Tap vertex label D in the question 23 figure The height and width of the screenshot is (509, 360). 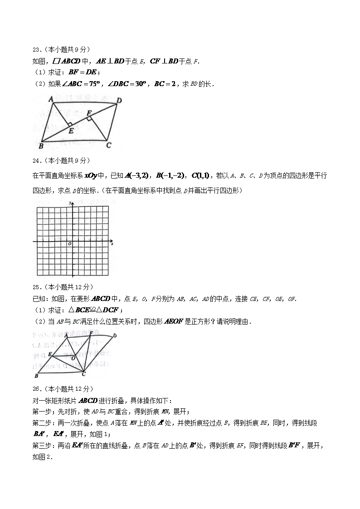[x=119, y=100]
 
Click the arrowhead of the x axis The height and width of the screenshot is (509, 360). [x=111, y=241]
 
